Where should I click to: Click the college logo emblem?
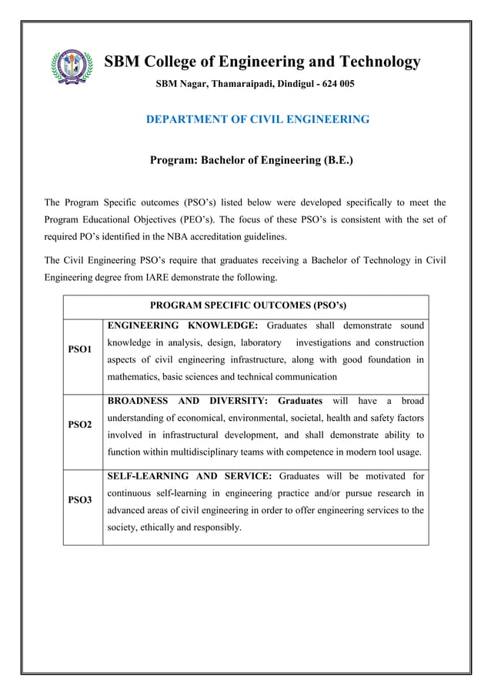[71, 70]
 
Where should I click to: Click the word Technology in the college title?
[377, 62]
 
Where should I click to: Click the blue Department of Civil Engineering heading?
[258, 119]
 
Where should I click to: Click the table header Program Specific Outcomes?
[246, 306]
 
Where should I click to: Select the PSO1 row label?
[80, 350]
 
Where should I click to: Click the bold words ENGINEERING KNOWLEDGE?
[182, 325]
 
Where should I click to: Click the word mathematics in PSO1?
[137, 377]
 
